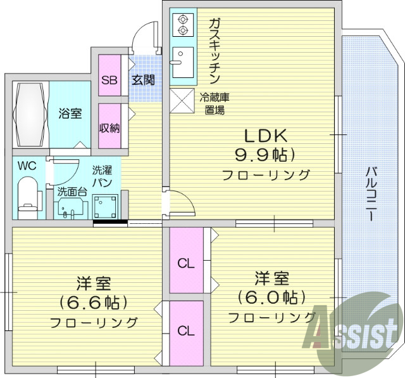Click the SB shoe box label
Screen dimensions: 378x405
109,81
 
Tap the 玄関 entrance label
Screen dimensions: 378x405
142,81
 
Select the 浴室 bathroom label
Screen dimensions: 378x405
70,114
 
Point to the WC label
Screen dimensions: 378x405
26,166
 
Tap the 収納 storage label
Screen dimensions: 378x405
109,127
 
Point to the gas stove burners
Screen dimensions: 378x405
183,24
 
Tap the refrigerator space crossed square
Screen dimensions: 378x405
182,100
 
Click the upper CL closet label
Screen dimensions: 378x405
185,262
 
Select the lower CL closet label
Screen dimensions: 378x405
185,330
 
